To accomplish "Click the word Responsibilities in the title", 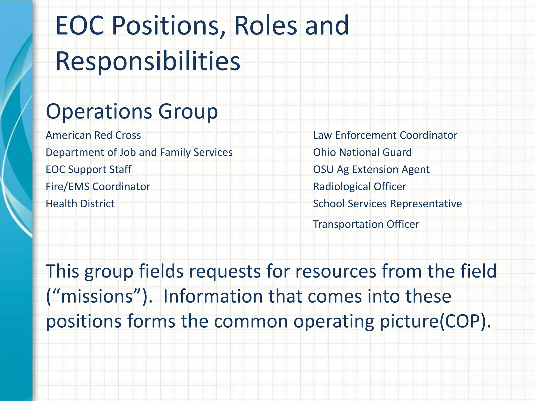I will tap(148, 61).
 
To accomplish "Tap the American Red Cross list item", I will tap(93, 135).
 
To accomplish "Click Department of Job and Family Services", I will tap(139, 152).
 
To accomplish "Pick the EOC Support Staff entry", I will tap(88, 169).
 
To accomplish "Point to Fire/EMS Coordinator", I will tap(98, 187).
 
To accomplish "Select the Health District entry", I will tap(80, 204).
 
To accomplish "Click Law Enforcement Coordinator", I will tap(385, 135).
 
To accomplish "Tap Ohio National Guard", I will tap(362, 152).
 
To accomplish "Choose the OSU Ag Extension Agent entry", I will tap(371, 169).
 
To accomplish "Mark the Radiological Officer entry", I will tap(359, 187).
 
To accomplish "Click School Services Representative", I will tap(387, 204).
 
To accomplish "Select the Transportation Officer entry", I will tap(366, 224).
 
